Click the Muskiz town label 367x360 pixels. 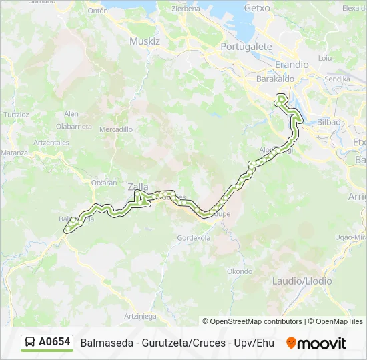pos(145,41)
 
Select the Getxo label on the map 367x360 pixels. pos(257,8)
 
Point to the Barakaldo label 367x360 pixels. pos(275,79)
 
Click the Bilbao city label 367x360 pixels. pos(329,122)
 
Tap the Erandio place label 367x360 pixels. pos(292,65)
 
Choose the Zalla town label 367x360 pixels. pos(138,187)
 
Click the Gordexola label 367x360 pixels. pos(194,238)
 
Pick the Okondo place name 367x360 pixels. pos(240,271)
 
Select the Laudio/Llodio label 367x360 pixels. pos(302,281)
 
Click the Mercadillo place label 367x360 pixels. pos(116,129)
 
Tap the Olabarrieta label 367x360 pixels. pos(73,125)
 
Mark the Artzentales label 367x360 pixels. pos(51,142)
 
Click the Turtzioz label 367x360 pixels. pos(17,114)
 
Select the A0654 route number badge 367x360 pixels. pos(54,342)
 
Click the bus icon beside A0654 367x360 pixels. pos(30,343)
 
